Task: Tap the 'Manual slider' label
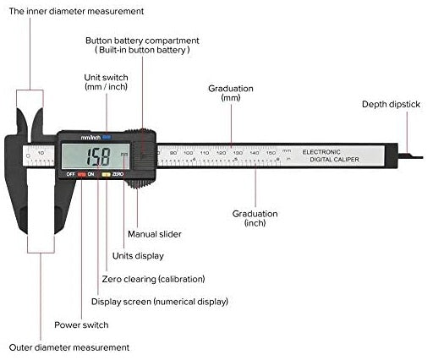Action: pyautogui.click(x=154, y=233)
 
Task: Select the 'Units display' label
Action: pyautogui.click(x=138, y=255)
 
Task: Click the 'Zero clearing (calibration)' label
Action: pyautogui.click(x=153, y=278)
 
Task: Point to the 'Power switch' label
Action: pyautogui.click(x=81, y=325)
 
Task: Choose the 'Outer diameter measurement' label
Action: pyautogui.click(x=69, y=347)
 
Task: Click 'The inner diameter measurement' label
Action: pyautogui.click(x=76, y=11)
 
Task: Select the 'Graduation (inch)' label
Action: pyautogui.click(x=255, y=218)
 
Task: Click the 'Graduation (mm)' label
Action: pyautogui.click(x=230, y=93)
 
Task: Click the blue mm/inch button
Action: pyautogui.click(x=106, y=136)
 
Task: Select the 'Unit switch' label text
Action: pyautogui.click(x=106, y=82)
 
